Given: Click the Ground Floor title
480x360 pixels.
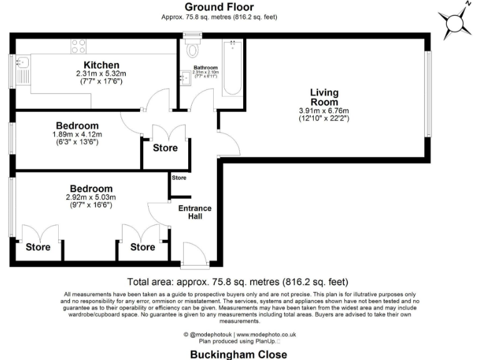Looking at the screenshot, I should click(x=219, y=7).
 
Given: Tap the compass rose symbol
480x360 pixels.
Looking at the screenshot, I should click(x=456, y=23).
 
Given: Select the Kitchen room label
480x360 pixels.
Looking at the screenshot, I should click(x=101, y=65).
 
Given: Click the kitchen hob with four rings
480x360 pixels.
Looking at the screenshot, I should click(x=79, y=46).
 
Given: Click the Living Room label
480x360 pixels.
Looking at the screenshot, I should click(x=324, y=97).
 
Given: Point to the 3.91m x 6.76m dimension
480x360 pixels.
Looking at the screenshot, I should click(x=324, y=111).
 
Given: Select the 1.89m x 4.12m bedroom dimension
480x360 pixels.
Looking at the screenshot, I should click(x=77, y=134).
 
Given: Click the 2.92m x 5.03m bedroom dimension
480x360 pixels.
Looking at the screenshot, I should click(x=91, y=197).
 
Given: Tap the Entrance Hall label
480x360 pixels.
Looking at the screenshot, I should click(x=195, y=212).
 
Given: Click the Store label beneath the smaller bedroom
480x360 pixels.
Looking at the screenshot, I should click(x=165, y=148).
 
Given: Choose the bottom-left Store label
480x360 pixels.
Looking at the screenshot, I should click(x=37, y=247).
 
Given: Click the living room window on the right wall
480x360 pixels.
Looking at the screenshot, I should click(x=428, y=93).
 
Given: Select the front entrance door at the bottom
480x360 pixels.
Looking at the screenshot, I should click(x=186, y=256).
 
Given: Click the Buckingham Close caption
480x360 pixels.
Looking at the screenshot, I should click(x=239, y=354).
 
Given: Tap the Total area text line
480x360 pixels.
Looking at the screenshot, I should click(x=237, y=282).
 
